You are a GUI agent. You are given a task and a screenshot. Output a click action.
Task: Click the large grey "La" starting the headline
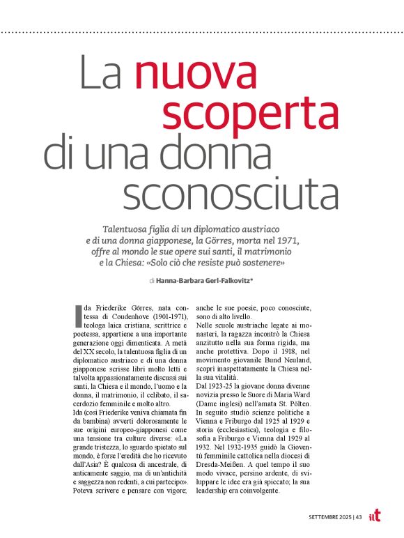click(100, 75)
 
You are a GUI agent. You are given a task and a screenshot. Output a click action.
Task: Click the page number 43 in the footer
click(358, 516)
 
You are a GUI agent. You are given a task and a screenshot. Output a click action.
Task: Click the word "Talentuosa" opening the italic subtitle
click(126, 229)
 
